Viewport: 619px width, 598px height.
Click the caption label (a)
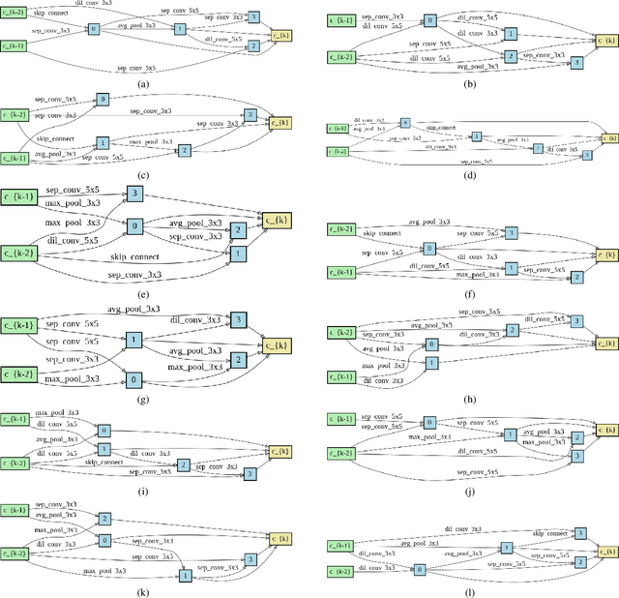click(x=144, y=84)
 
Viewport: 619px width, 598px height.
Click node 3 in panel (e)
click(x=134, y=194)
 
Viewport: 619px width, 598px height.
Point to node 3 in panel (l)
click(x=580, y=533)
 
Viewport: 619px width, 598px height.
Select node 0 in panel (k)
click(x=103, y=540)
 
